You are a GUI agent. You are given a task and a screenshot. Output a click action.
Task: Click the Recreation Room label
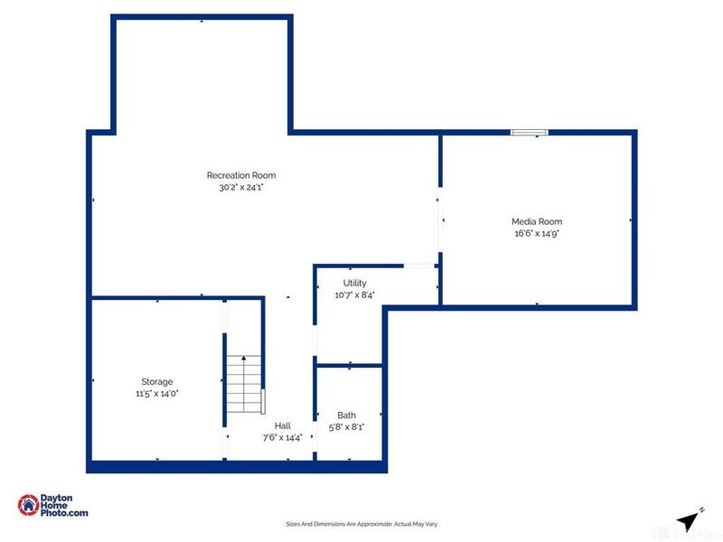coord(241,175)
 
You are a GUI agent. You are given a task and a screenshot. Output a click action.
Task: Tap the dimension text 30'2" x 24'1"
coord(241,188)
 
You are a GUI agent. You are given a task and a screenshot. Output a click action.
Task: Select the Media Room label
coord(537,221)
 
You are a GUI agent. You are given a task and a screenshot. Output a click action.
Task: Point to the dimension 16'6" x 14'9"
coord(537,233)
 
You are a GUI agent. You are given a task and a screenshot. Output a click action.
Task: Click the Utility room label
coord(354,284)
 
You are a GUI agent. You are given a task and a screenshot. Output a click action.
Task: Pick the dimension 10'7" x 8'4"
coord(354,294)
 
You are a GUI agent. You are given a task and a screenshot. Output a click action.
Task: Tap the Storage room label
coord(156,382)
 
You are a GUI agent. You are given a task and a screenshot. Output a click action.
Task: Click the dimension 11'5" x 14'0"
coord(156,394)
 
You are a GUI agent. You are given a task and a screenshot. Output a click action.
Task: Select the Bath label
coord(347,416)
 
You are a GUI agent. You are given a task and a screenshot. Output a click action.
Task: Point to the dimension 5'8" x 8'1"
coord(347,426)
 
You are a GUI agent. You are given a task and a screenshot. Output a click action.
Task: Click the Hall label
coord(283,425)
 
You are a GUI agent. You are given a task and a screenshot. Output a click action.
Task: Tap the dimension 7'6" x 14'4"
coord(283,437)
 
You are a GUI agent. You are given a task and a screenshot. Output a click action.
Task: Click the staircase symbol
coord(244,384)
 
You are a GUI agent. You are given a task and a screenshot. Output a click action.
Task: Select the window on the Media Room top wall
coord(529,133)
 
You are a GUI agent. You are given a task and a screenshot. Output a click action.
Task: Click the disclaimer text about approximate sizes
coord(361,524)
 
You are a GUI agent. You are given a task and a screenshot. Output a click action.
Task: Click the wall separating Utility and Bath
coord(349,366)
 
